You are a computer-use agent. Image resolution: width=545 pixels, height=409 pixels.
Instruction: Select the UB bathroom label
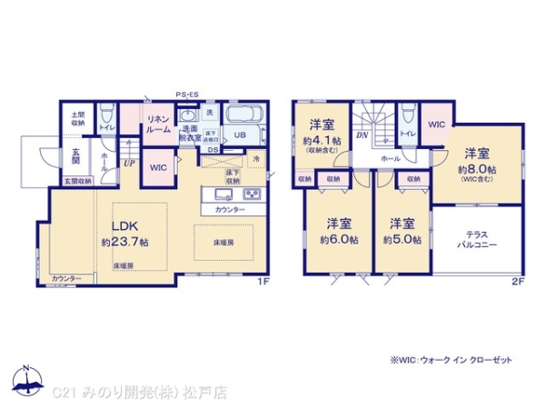pyautogui.click(x=240, y=135)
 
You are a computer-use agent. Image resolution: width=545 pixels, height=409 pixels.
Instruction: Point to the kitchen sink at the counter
pyautogui.click(x=223, y=195)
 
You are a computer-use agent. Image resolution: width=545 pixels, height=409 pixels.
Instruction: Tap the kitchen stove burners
pyautogui.click(x=252, y=195)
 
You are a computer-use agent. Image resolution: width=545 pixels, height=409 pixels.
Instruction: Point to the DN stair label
pyautogui.click(x=361, y=135)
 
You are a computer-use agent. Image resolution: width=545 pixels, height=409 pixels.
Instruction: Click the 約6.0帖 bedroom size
pyautogui.click(x=339, y=239)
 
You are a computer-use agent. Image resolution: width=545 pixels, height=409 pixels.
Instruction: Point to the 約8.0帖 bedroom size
pyautogui.click(x=477, y=169)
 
